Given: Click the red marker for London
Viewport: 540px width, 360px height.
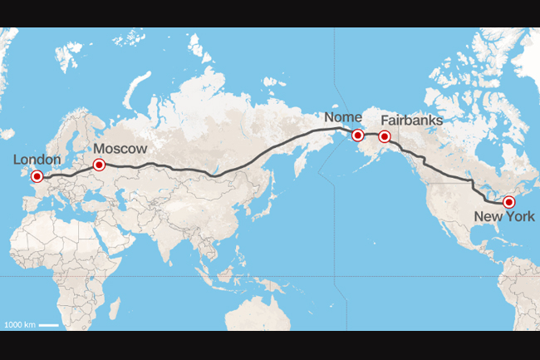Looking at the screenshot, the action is (37, 176).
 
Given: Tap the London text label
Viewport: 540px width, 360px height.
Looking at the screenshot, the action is (37, 160).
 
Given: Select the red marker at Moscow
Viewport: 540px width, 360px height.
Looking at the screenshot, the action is (100, 164).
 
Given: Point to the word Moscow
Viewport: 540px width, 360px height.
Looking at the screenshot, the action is (120, 148).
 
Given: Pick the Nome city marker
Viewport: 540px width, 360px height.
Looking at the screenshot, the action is (357, 135).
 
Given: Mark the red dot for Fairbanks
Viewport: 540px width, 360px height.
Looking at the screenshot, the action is (384, 136).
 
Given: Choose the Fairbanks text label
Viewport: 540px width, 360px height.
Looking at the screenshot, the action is (412, 121).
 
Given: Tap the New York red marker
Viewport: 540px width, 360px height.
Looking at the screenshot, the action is (509, 201).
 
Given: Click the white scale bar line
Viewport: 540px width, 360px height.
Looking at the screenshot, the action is (48, 323).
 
